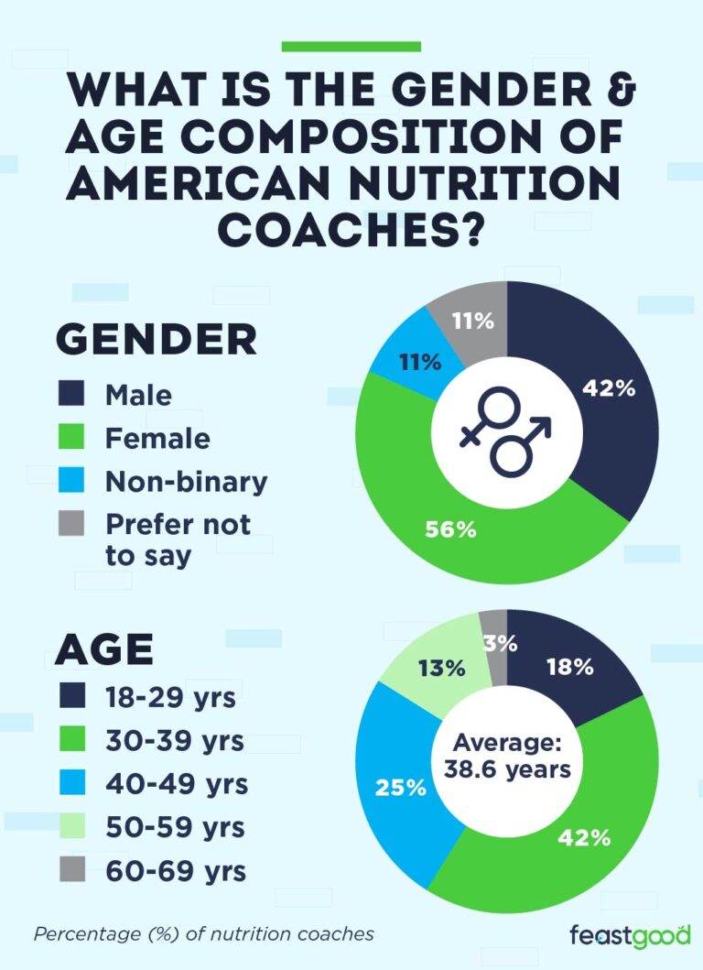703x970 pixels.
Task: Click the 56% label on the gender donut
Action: coord(449,529)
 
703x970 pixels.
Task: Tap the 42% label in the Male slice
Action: coord(609,387)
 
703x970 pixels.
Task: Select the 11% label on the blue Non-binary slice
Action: coord(419,362)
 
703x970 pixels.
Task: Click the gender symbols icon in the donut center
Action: coord(506,431)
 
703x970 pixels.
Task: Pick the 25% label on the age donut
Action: coord(401,787)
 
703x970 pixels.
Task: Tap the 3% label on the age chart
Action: coord(500,644)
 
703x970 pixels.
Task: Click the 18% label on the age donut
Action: coord(569,667)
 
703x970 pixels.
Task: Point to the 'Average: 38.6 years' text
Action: coord(507,756)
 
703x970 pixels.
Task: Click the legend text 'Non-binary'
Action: coord(186,482)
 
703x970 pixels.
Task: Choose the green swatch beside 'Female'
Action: coord(70,438)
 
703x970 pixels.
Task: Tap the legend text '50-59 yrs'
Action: coord(174,827)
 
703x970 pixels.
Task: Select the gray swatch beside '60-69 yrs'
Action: coord(70,869)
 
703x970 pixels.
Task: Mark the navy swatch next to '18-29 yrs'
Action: coord(70,696)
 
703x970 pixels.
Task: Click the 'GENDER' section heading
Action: coord(157,340)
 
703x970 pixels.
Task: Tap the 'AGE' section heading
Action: coord(103,649)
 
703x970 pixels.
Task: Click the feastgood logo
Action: coord(629,936)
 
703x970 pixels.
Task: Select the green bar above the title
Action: coord(351,46)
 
